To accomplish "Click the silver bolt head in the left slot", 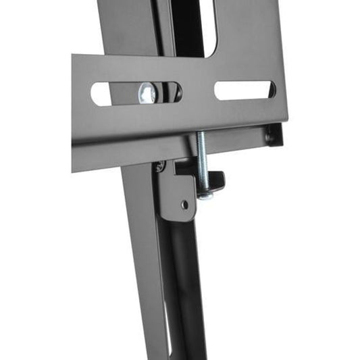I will tap(148, 93).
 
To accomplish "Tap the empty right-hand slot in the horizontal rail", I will tap(244, 90).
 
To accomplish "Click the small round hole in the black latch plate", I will tap(184, 203).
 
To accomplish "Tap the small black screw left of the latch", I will tap(160, 166).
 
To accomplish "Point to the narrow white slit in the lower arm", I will tap(166, 324).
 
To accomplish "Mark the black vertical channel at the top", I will tap(185, 27).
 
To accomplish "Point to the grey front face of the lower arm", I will tap(145, 270).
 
